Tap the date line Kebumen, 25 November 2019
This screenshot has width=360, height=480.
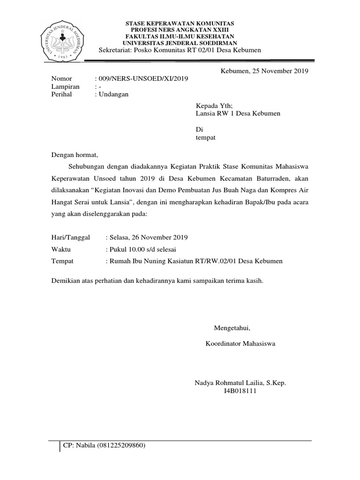264,71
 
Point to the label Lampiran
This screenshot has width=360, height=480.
66,86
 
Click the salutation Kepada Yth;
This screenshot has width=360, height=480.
214,106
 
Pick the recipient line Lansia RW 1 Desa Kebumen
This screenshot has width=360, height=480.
238,113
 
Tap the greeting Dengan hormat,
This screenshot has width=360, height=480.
76,154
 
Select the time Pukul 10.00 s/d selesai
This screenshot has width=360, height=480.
143,249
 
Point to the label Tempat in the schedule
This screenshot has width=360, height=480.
63,261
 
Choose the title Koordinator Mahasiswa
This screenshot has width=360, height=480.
241,344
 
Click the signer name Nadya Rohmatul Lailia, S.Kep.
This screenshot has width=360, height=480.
240,383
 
